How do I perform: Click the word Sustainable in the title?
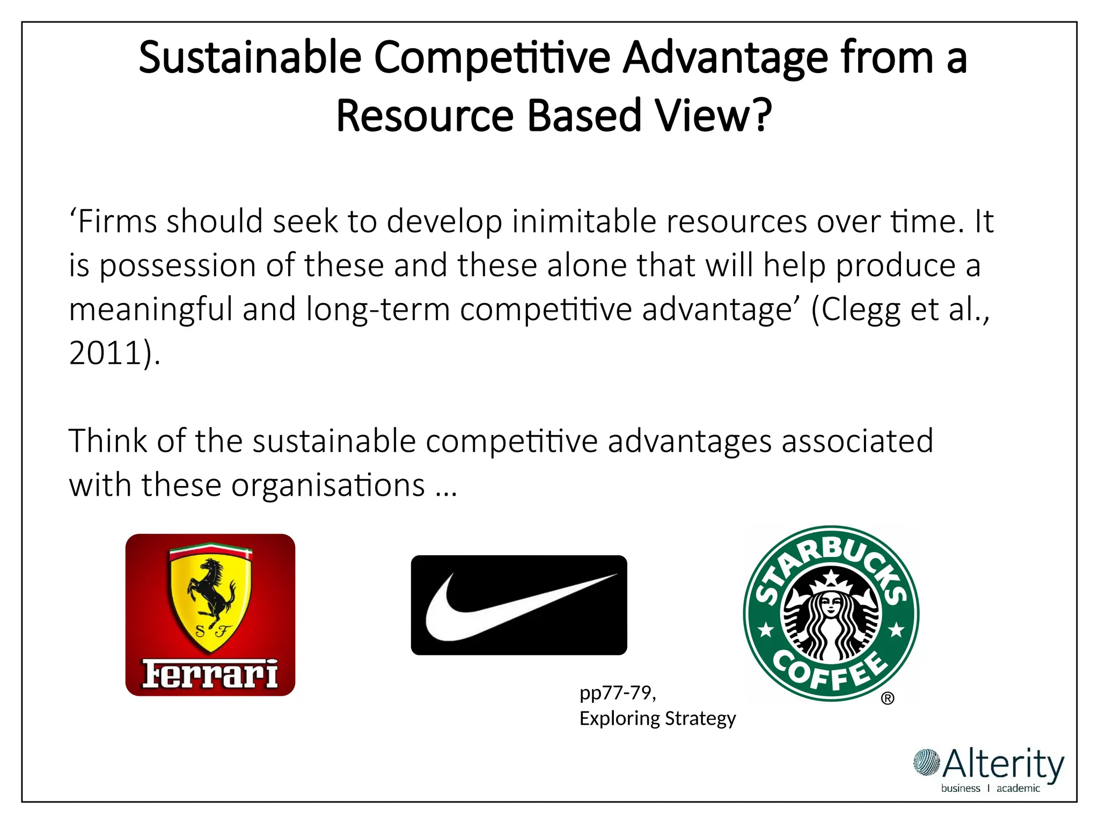250,58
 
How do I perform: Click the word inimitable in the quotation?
584,222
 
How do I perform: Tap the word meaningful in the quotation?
150,311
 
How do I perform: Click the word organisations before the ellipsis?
328,485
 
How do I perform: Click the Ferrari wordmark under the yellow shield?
210,674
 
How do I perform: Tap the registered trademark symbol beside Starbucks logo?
888,698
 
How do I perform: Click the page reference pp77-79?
617,693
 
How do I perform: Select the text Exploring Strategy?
657,718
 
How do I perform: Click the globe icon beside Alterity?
927,762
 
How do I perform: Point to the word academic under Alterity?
1018,788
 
